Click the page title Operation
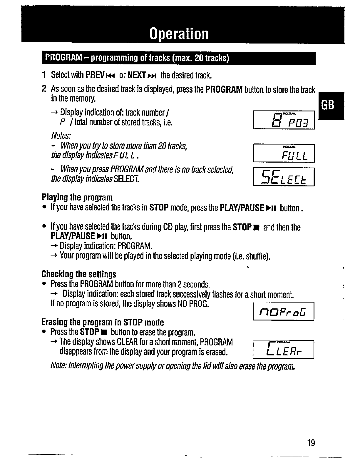pos(179,34)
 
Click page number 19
pos(310,442)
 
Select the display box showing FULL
pos(284,153)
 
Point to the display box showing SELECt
pos(284,177)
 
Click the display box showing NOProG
pos(284,311)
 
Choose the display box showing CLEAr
pos(284,350)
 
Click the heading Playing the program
pos(77,197)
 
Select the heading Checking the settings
pos(79,274)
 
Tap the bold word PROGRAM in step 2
pos(224,89)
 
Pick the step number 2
pos(43,89)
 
